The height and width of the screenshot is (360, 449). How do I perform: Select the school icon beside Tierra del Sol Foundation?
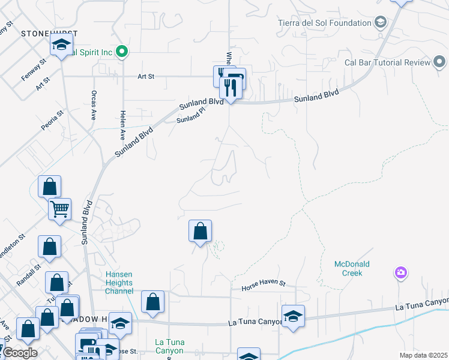(x=380, y=23)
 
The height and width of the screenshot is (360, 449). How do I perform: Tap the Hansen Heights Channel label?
(x=119, y=283)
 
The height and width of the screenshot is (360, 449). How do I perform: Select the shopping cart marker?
(x=59, y=209)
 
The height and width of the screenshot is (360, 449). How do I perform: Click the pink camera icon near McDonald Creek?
(x=401, y=273)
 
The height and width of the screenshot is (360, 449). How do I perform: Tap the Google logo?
(x=20, y=353)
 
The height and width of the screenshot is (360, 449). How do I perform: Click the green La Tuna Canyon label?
(x=169, y=346)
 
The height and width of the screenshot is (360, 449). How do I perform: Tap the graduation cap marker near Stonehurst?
(x=61, y=45)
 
